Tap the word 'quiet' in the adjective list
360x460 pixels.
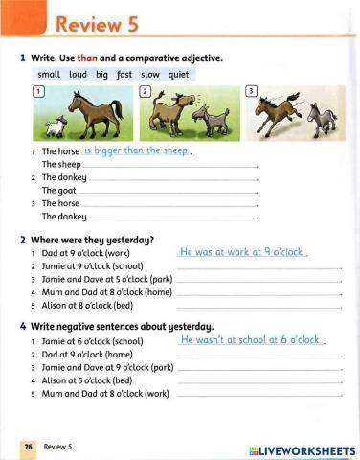(179, 73)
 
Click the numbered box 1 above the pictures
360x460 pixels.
(38, 90)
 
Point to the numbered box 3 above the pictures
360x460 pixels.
(252, 90)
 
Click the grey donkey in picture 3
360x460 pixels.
(307, 120)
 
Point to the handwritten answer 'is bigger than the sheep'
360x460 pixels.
(138, 150)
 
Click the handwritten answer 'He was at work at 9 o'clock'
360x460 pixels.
(241, 252)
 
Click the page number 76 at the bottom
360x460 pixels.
(29, 446)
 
